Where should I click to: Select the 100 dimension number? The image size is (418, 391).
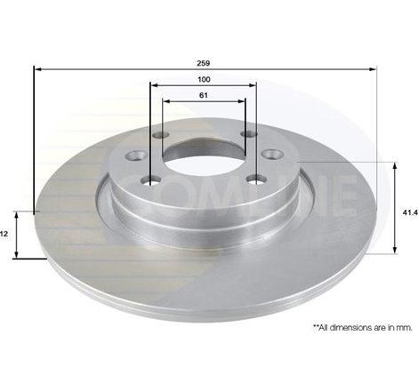[x=204, y=80]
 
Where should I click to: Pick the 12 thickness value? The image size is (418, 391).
[x=4, y=233]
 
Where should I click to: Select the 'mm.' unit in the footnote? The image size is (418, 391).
[x=406, y=328]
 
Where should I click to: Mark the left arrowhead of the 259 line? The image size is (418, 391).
[x=37, y=69]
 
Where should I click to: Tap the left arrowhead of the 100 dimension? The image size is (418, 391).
[x=153, y=86]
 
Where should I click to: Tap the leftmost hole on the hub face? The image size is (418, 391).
[x=136, y=156]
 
